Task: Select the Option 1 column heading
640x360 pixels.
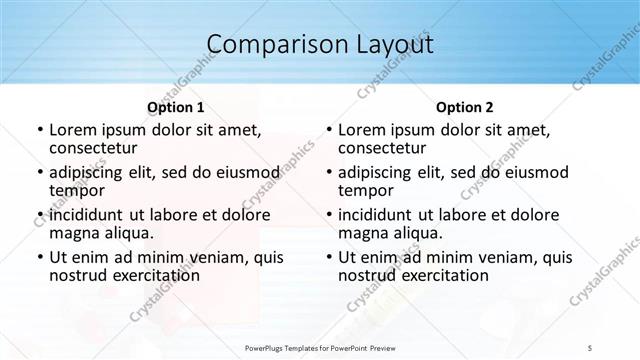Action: (176, 107)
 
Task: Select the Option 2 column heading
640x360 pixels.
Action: (465, 107)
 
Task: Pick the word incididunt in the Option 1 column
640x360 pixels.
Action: (86, 215)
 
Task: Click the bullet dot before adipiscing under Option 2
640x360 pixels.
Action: (328, 173)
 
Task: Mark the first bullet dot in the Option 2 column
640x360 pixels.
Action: (328, 131)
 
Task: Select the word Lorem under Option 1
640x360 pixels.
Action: (73, 130)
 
